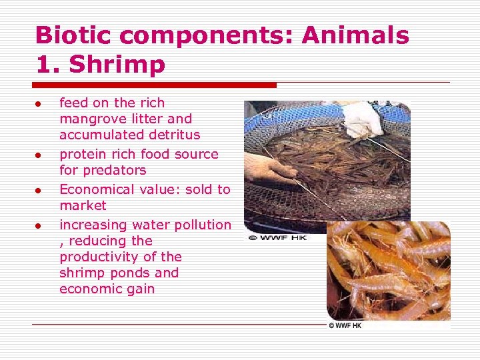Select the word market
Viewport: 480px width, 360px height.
83,205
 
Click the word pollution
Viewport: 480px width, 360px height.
201,225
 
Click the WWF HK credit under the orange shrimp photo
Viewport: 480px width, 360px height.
344,325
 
